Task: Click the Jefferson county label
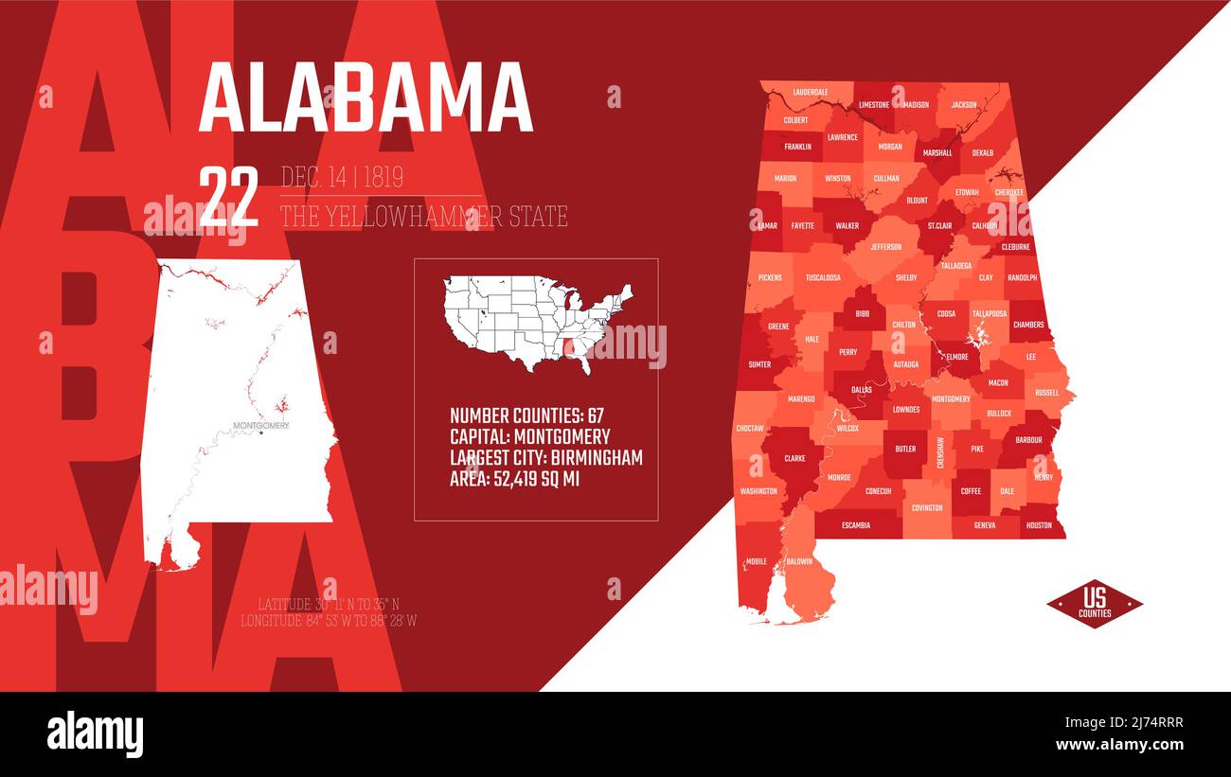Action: pos(885,247)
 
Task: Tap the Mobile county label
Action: pos(757,561)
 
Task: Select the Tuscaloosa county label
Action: pos(823,277)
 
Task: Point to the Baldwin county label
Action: pos(799,561)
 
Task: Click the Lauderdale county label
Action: pos(811,92)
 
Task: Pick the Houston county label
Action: pos(1039,525)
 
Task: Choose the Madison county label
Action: pos(916,105)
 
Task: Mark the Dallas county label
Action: pos(862,389)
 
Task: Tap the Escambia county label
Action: pos(855,525)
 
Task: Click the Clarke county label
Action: pos(794,458)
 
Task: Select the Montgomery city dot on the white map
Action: pos(261,433)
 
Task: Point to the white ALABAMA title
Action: pos(366,98)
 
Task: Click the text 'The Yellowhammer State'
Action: pos(423,217)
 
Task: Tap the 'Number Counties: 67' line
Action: pos(526,415)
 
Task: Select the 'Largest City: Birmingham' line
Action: pos(546,458)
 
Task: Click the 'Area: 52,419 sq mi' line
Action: pos(514,479)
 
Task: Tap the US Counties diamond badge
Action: pos(1095,604)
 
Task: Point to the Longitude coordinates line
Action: pos(329,621)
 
